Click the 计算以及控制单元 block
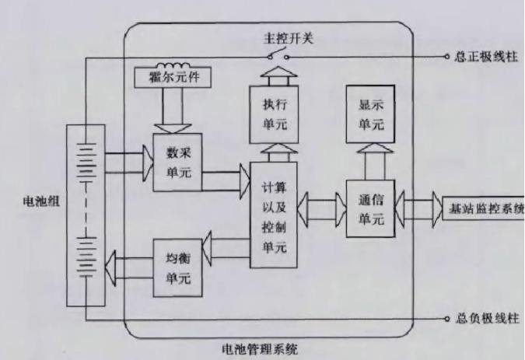273,214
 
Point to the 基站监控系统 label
482,208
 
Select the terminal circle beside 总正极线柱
446,58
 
